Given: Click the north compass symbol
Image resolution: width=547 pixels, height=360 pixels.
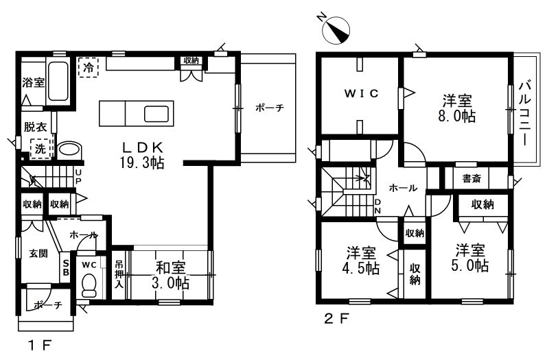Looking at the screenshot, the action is [x=336, y=30].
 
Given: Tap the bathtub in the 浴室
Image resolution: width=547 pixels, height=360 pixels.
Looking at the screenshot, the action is [x=58, y=81].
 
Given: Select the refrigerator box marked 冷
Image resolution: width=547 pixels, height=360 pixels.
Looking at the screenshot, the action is [x=89, y=67].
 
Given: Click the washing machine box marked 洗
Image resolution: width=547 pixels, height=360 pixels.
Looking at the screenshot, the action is [x=41, y=149].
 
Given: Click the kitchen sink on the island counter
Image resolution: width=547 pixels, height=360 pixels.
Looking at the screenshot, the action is [x=156, y=113].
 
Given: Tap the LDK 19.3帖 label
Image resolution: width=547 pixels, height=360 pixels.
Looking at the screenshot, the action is [x=142, y=156].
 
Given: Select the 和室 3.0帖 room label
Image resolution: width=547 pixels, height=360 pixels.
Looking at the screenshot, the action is [x=171, y=276].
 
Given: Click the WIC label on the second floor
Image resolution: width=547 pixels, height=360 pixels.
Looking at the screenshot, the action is [x=361, y=93].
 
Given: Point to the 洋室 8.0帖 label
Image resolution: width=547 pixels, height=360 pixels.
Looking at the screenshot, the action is [x=457, y=108].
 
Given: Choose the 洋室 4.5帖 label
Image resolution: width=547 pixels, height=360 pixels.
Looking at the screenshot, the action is [x=361, y=261].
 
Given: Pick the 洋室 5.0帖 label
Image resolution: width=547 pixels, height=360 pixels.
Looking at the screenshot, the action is [x=469, y=259].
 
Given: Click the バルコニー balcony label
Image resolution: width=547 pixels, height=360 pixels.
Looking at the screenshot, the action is [x=524, y=113].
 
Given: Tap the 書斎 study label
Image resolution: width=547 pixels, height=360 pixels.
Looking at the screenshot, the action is [x=472, y=178].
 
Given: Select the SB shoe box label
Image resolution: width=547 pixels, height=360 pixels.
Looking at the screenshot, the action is [x=66, y=267].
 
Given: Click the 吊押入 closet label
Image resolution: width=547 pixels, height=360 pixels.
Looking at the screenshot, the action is [x=119, y=274].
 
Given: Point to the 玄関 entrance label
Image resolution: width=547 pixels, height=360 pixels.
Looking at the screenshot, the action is [x=38, y=253].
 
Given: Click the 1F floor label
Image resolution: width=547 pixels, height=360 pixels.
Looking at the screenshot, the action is [x=40, y=346].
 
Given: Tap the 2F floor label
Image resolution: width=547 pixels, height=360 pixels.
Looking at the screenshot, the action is [x=336, y=319].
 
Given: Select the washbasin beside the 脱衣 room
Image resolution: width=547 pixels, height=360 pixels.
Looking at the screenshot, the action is [x=70, y=151].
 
